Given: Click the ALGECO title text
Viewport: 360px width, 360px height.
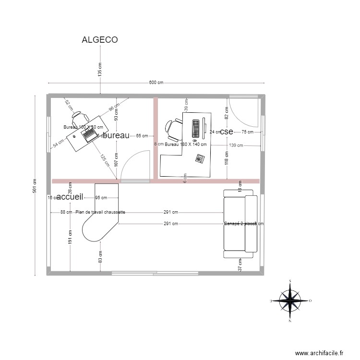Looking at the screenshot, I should point(100,40).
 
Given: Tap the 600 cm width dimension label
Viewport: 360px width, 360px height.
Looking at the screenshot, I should point(156,83).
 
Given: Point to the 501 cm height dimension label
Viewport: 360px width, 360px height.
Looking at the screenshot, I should point(35,185).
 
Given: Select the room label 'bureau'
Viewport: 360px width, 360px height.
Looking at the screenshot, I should point(116,136).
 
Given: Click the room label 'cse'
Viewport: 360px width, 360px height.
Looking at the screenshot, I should point(226,132).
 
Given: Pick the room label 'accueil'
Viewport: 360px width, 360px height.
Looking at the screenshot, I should point(70,197).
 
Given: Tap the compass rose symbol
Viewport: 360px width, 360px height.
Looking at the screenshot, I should point(290,301).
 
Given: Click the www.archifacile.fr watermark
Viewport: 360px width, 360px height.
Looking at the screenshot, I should point(319,353).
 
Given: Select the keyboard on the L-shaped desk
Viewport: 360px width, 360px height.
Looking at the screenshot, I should point(196,128).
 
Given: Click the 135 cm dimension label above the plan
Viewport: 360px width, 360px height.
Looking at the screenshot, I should point(100,70).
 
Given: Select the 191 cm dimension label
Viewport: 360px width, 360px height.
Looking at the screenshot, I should point(70,236).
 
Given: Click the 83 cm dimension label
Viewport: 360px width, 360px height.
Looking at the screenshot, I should point(100,257).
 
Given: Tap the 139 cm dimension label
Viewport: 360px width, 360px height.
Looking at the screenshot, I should point(236,145).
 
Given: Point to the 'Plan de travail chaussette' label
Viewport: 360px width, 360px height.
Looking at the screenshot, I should point(100,212).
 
